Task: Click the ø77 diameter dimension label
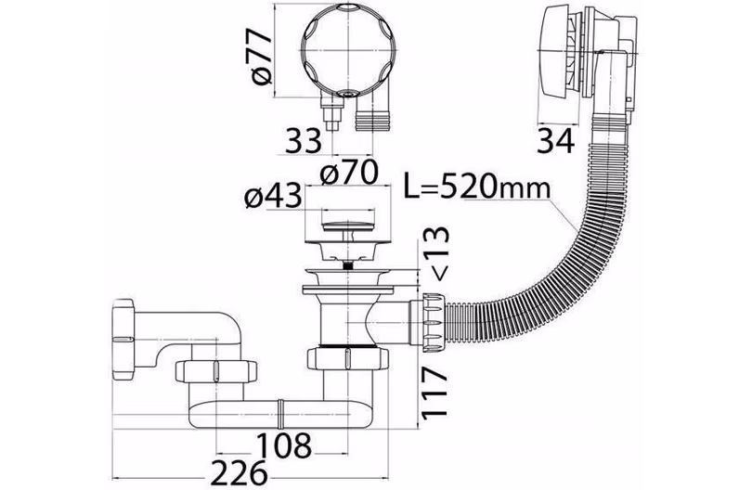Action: [x=263, y=57]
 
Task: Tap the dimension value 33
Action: [x=303, y=141]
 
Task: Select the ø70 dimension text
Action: [x=349, y=173]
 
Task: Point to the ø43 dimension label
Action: [x=273, y=196]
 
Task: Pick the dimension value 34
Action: [x=555, y=141]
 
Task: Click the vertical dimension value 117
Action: [x=435, y=393]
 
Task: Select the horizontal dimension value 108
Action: [x=284, y=445]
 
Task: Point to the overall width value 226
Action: [x=239, y=472]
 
